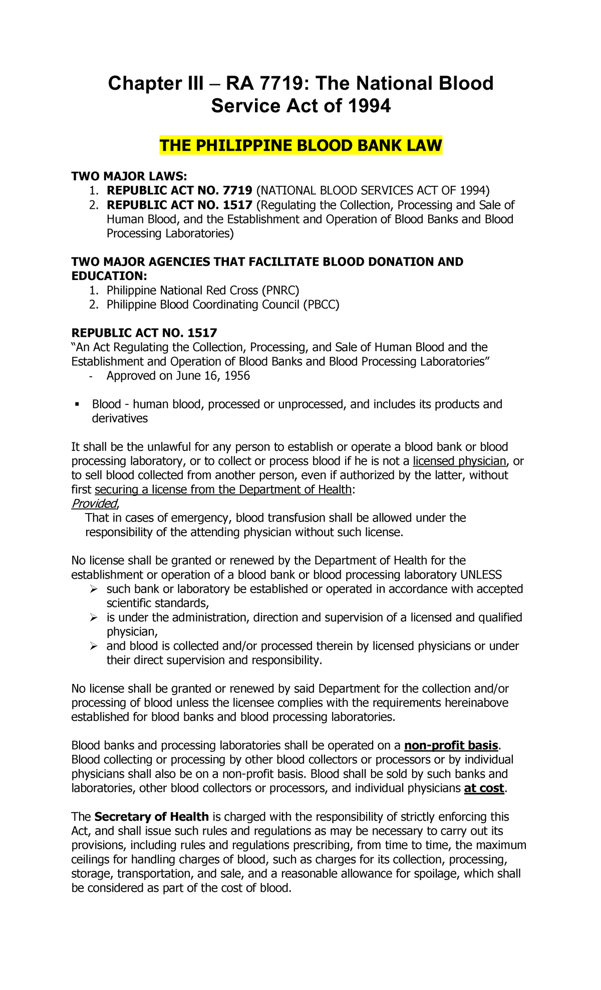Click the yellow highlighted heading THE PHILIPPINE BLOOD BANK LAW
click(300, 146)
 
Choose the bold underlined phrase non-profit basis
click(451, 746)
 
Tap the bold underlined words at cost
click(484, 788)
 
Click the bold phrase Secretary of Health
click(151, 817)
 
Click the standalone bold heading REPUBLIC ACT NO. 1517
click(144, 333)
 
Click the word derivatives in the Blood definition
click(120, 418)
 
